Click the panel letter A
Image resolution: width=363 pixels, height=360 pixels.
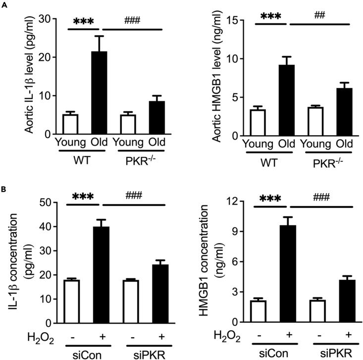[4, 4]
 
